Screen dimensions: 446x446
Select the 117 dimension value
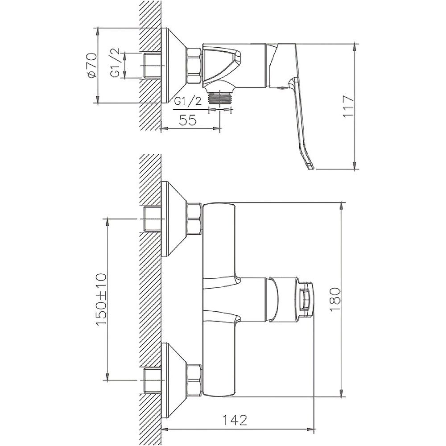tap(348, 107)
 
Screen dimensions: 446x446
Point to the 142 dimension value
tap(235, 420)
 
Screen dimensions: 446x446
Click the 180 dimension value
tap(335, 300)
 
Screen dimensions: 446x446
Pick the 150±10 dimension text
tap(101, 300)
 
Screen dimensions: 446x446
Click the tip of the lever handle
tap(311, 167)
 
